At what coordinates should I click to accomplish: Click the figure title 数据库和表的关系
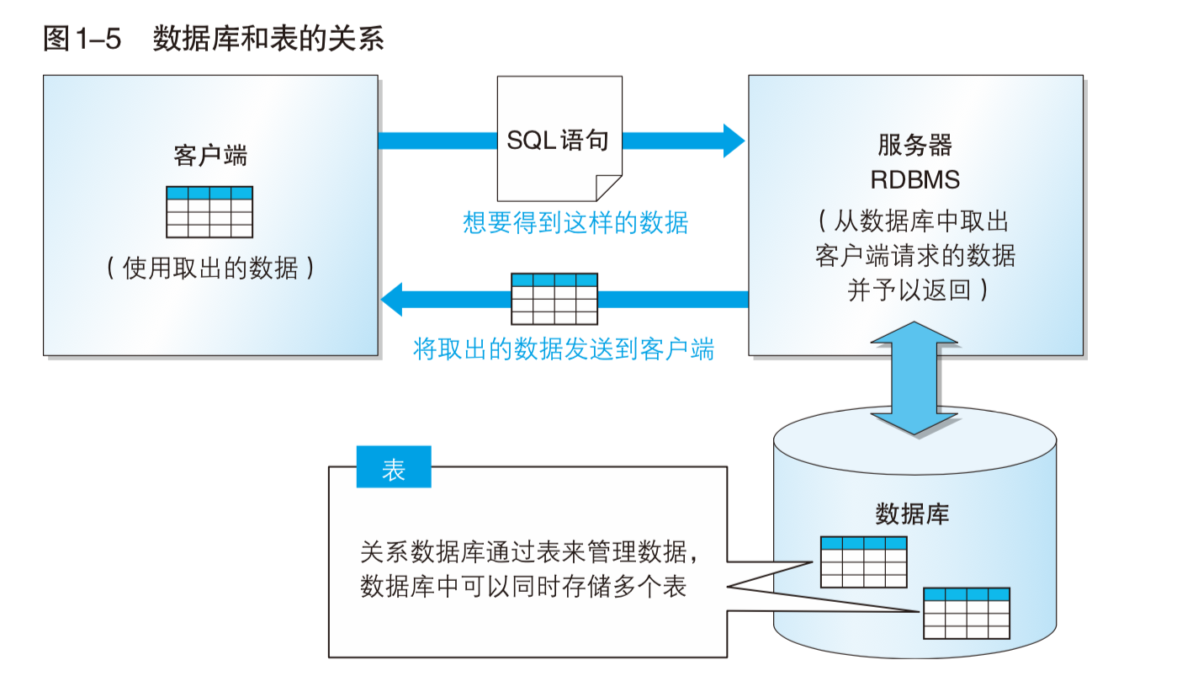click(268, 40)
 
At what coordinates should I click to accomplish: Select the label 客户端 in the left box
click(209, 156)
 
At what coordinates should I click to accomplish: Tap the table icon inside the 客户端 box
click(209, 212)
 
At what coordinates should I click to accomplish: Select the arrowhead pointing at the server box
click(732, 140)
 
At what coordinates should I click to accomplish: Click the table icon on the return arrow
click(554, 299)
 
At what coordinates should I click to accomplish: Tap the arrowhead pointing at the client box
click(392, 299)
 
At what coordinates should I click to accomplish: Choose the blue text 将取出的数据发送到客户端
click(564, 349)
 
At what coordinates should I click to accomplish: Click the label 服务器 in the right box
click(914, 146)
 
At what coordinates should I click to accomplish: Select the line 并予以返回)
click(917, 290)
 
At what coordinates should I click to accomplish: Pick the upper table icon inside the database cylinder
click(864, 562)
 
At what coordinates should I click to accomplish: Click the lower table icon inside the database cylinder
click(967, 613)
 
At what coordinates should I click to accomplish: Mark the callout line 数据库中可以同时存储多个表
click(523, 586)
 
